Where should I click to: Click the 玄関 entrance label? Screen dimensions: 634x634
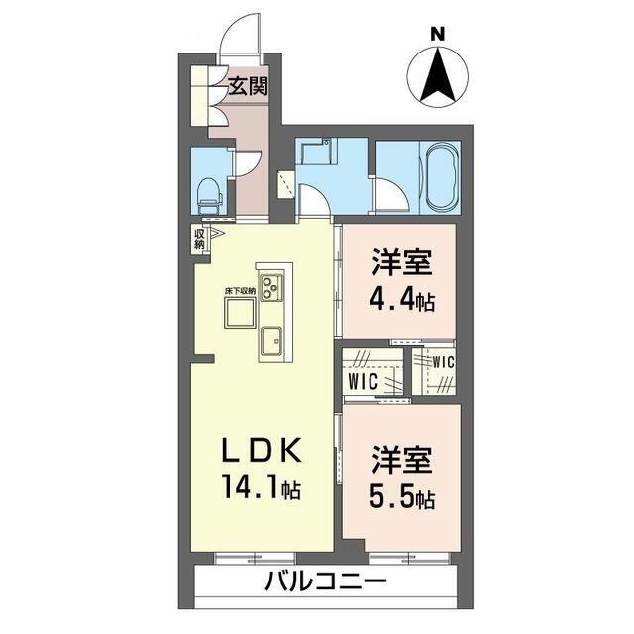(x=248, y=86)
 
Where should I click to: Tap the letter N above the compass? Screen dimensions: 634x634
(x=438, y=34)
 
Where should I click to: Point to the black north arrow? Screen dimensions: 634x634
(x=438, y=75)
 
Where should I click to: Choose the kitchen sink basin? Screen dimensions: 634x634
(x=270, y=341)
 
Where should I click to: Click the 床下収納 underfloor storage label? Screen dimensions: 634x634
(x=240, y=290)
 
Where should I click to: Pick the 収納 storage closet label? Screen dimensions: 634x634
(x=199, y=239)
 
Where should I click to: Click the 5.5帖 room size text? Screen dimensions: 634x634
(x=402, y=498)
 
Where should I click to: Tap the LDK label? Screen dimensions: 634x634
(x=262, y=450)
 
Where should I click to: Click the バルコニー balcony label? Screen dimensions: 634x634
(x=326, y=581)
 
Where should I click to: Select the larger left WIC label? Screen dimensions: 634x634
(x=363, y=381)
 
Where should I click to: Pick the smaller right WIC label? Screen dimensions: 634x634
(x=443, y=362)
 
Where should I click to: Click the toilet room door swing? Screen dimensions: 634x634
(x=248, y=164)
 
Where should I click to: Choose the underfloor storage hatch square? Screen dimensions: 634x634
(x=240, y=313)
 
